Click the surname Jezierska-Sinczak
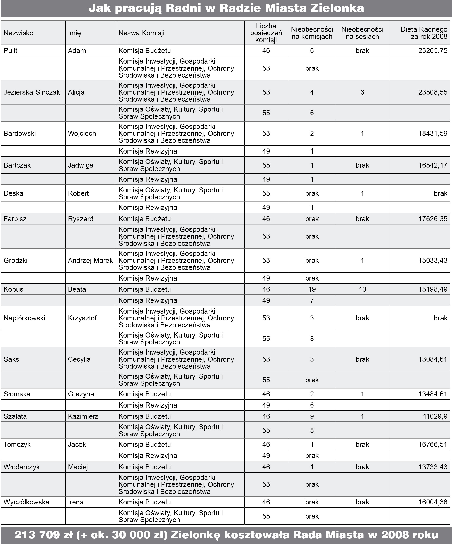coord(32,93)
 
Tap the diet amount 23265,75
coord(433,51)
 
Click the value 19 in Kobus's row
coord(312,289)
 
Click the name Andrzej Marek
coord(90,261)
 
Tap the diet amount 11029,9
coord(435,416)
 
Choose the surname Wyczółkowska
coord(26,502)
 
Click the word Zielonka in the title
coord(337,8)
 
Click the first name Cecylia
coord(79,359)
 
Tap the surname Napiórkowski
coord(24,318)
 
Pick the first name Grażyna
coord(81,394)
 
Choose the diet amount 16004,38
coord(433,502)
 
